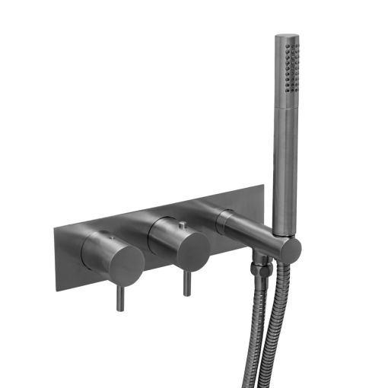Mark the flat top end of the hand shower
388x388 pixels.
[x=286, y=36]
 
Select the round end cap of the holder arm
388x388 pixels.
[x=290, y=249]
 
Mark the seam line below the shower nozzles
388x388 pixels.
[x=285, y=107]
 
